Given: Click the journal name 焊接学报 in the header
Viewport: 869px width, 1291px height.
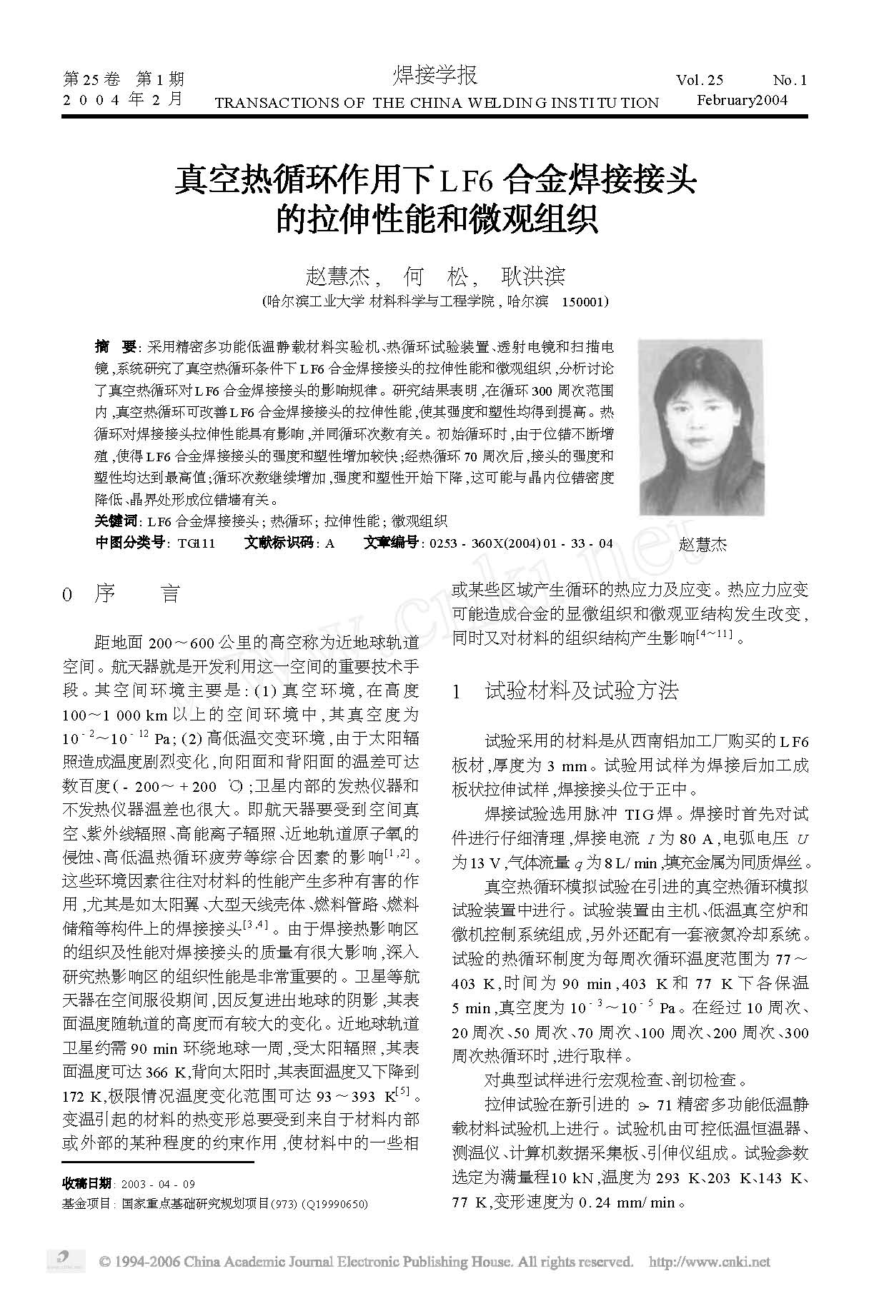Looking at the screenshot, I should click(434, 76).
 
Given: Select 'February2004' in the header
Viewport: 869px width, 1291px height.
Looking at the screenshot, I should click(741, 99).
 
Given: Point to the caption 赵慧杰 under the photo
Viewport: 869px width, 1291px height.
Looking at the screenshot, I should click(702, 544).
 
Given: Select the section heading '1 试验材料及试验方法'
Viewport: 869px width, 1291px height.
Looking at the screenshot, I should click(566, 690).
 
